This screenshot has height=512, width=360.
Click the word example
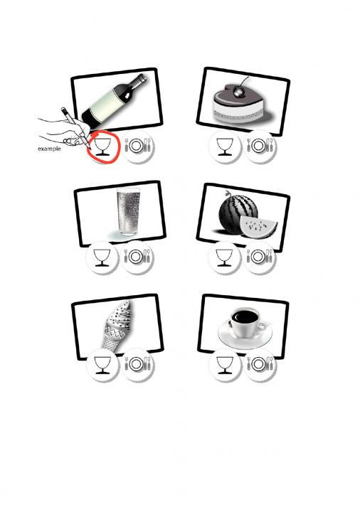coord(49,149)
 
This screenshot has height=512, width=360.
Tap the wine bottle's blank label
coord(107,104)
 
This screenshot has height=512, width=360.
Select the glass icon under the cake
coord(225,146)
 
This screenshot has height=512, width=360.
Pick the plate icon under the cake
coord(260,146)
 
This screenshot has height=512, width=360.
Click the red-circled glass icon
coord(103,146)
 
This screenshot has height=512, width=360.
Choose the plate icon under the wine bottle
coord(138,146)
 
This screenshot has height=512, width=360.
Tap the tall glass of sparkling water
coord(128,211)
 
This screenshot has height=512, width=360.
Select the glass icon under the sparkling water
coord(102,257)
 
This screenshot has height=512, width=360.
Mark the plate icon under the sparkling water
coord(137,257)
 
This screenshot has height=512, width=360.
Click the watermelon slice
coord(258,226)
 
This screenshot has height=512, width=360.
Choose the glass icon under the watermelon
coord(224,257)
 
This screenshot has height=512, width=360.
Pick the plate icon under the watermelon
coord(260,257)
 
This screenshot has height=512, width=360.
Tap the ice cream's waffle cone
coord(112,336)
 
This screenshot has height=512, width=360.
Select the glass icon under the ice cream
coord(102,365)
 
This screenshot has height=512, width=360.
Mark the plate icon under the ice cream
coord(138,364)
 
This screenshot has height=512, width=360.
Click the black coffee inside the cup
coord(245,316)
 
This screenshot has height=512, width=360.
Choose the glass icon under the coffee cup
coord(225,365)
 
